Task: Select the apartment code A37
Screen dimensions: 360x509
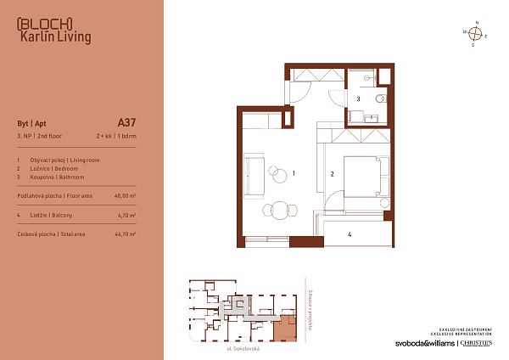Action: tap(126, 121)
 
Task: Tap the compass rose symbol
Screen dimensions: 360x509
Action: tap(476, 34)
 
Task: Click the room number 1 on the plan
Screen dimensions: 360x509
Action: tap(293, 173)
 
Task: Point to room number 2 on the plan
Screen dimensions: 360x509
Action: tap(333, 174)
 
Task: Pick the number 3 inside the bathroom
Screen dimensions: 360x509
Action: tap(359, 99)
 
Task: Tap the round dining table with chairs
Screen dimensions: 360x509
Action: tap(278, 210)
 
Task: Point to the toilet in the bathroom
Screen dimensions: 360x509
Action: tap(379, 99)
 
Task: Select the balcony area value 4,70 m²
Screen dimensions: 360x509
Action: tap(125, 216)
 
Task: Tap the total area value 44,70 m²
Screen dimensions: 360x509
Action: tap(125, 233)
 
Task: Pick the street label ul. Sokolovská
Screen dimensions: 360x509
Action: tap(241, 348)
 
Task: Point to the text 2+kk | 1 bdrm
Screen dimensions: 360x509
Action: tap(115, 136)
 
